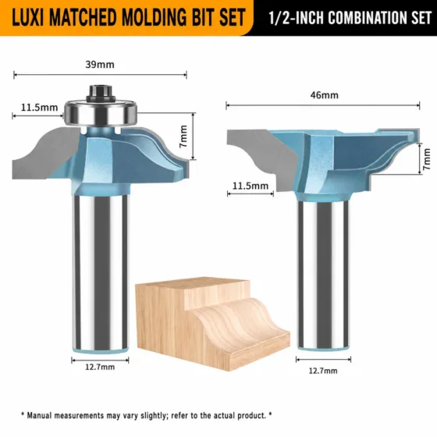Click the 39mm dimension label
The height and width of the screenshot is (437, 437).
pos(100,65)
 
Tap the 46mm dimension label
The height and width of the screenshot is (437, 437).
pos(325,95)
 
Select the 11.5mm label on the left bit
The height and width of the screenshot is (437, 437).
pos(39,108)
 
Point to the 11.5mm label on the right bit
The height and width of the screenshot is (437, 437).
pos(250,186)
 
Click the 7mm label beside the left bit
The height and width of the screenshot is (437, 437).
pos(183,137)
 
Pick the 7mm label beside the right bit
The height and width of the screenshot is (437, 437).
pos(426,159)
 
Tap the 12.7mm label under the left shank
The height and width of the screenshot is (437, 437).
pos(100,367)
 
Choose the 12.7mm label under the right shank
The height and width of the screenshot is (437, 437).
pos(323,371)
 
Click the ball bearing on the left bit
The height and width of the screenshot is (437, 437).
pos(101,112)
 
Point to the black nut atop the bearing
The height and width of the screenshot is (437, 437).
pos(101,93)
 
